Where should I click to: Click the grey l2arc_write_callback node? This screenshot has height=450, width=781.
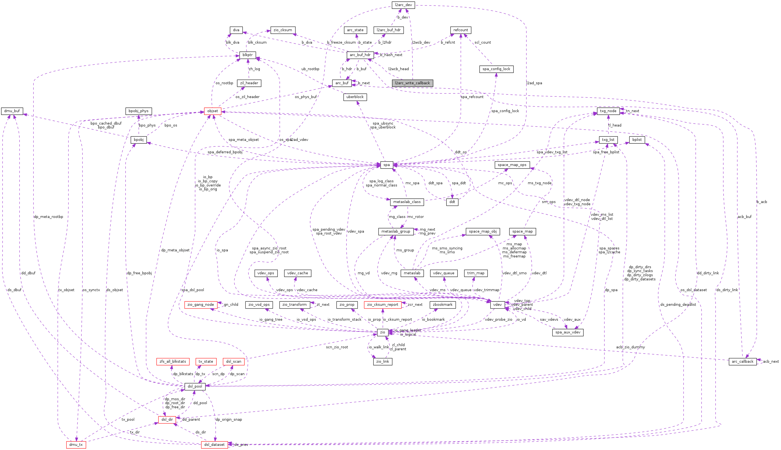pyautogui.click(x=412, y=83)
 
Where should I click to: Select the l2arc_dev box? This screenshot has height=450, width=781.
pyautogui.click(x=403, y=5)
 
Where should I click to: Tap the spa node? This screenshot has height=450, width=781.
pyautogui.click(x=386, y=165)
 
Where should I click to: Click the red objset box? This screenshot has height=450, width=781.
pyautogui.click(x=213, y=111)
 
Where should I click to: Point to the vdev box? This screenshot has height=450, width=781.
pyautogui.click(x=497, y=305)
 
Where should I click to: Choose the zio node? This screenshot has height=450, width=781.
pyautogui.click(x=382, y=333)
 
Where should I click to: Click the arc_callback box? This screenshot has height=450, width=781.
pyautogui.click(x=742, y=362)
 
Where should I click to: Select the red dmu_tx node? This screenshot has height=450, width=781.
pyautogui.click(x=76, y=445)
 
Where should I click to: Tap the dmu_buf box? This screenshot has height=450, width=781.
pyautogui.click(x=12, y=111)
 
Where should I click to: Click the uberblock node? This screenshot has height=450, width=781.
pyautogui.click(x=355, y=97)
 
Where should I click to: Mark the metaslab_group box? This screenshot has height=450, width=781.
pyautogui.click(x=396, y=231)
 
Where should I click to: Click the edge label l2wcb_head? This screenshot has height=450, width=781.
pyautogui.click(x=398, y=69)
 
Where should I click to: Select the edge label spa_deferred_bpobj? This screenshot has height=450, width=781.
pyautogui.click(x=225, y=152)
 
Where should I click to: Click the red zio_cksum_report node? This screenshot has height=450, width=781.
pyautogui.click(x=383, y=305)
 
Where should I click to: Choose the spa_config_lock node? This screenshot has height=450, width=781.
pyautogui.click(x=496, y=69)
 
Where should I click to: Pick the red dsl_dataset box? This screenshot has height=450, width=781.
pyautogui.click(x=214, y=445)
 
